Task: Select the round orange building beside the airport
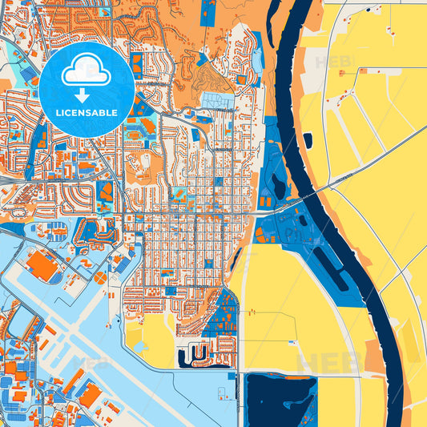click(100, 277)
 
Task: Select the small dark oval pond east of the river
click(308, 140)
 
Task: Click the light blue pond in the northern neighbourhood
click(216, 100)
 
